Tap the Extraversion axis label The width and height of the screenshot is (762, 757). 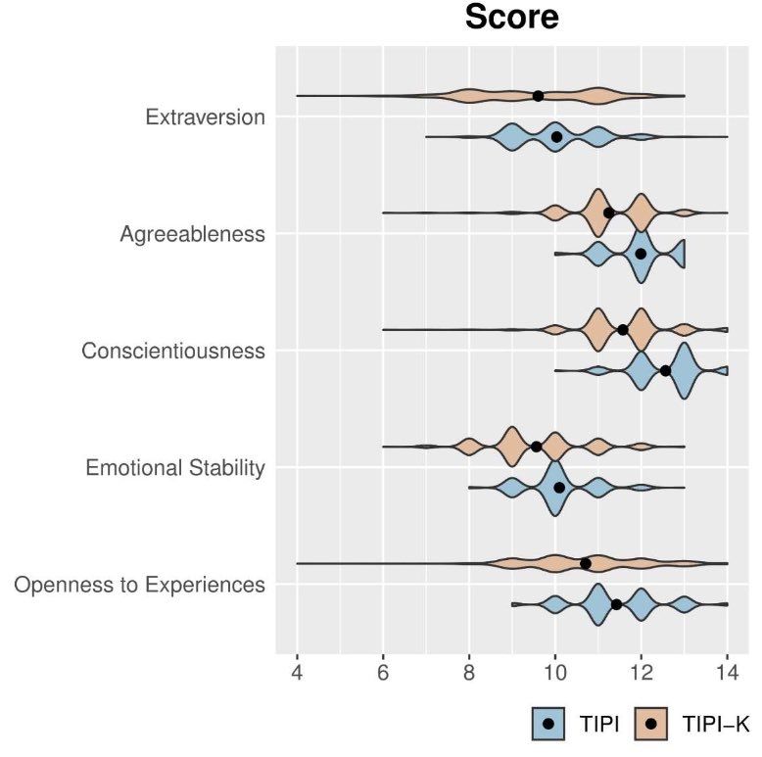205,118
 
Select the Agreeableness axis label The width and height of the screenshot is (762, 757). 192,234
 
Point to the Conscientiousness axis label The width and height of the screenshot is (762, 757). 173,351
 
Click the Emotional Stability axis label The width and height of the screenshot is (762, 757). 175,468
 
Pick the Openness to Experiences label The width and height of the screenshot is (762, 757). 139,586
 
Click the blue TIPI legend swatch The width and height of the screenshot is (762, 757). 549,724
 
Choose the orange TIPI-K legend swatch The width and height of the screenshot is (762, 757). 650,724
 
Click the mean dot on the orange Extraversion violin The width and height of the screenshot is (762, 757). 538,96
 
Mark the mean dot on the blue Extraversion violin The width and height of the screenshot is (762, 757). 556,137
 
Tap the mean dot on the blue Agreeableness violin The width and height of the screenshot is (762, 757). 641,254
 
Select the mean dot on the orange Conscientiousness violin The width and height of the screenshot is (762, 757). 623,329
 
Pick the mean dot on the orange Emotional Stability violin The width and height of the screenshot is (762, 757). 536,447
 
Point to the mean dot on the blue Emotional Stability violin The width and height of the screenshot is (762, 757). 559,488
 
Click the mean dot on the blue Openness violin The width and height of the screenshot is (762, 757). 616,604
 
